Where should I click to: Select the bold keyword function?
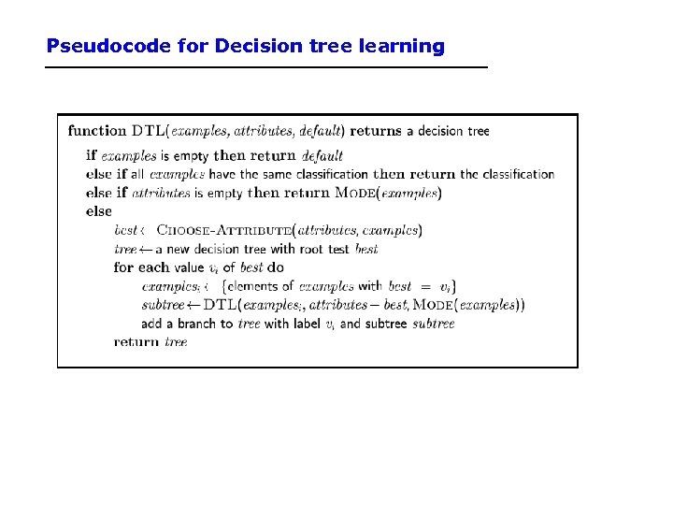pyautogui.click(x=96, y=131)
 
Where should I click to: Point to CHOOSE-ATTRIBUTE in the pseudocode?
pyautogui.click(x=223, y=230)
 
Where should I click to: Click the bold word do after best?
pyautogui.click(x=276, y=267)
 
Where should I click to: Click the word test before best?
pyautogui.click(x=339, y=249)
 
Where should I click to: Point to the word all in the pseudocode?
pyautogui.click(x=137, y=174)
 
